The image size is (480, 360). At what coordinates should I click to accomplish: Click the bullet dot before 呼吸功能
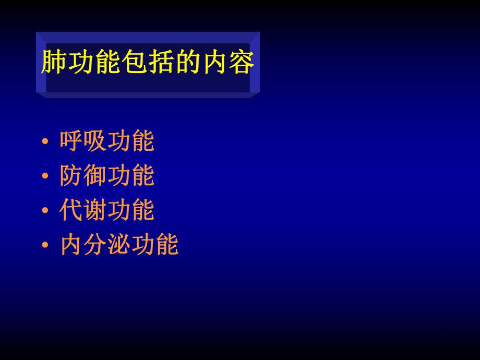pyautogui.click(x=45, y=142)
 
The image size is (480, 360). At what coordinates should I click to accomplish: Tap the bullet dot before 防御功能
pyautogui.click(x=45, y=177)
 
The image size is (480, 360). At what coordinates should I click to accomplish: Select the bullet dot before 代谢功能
pyautogui.click(x=45, y=211)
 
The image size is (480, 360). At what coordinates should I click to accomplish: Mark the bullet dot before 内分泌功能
pyautogui.click(x=45, y=245)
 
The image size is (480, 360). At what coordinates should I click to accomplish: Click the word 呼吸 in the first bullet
pyautogui.click(x=83, y=141)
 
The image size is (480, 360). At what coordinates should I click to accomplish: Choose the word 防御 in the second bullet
pyautogui.click(x=83, y=176)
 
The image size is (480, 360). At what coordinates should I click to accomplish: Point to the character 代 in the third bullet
pyautogui.click(x=71, y=210)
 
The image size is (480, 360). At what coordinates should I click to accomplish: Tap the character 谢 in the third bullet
pyautogui.click(x=95, y=210)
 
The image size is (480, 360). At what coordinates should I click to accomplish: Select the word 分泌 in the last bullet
pyautogui.click(x=107, y=245)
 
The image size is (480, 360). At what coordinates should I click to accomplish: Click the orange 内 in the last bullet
pyautogui.click(x=71, y=245)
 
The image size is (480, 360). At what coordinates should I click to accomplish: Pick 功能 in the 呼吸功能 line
pyautogui.click(x=131, y=141)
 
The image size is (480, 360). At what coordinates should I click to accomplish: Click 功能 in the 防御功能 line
pyautogui.click(x=131, y=176)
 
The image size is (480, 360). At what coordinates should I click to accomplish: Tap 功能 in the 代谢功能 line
pyautogui.click(x=131, y=210)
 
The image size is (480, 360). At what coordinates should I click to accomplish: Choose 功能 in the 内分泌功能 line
pyautogui.click(x=155, y=245)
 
